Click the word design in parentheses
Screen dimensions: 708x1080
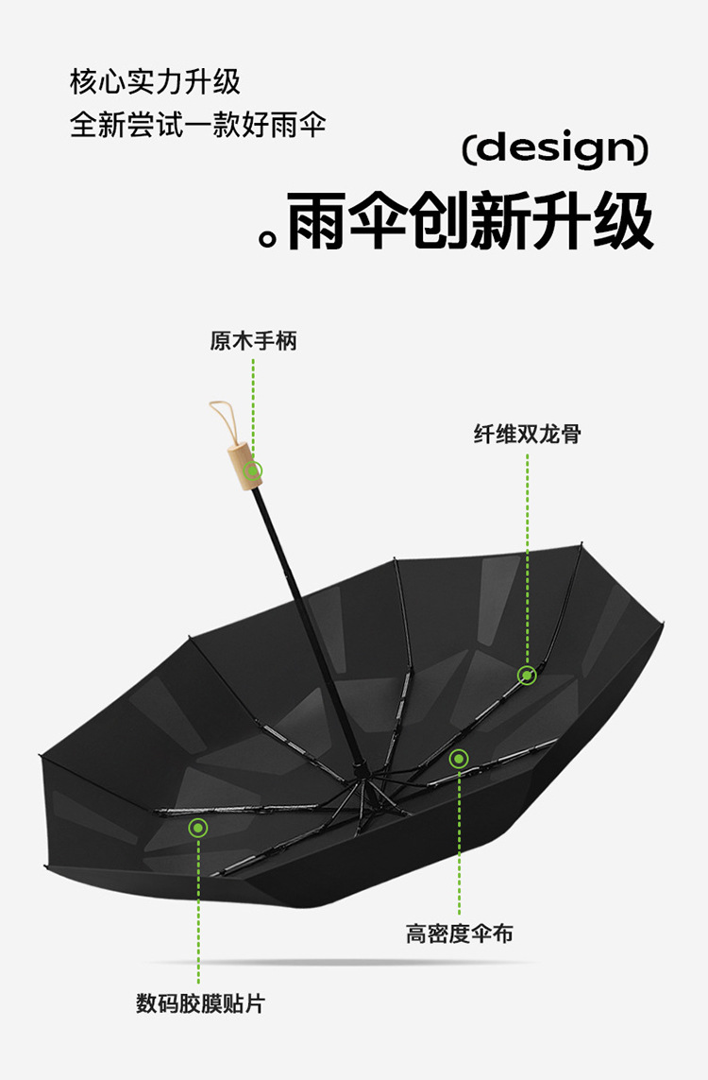click(x=555, y=148)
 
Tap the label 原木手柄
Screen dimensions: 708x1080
click(x=253, y=340)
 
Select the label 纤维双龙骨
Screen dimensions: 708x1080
click(x=527, y=435)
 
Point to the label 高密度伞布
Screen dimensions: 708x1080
click(x=460, y=934)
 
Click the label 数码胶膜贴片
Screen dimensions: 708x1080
click(x=200, y=1003)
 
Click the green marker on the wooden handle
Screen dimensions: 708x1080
click(x=253, y=470)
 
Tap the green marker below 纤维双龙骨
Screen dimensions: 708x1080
click(x=527, y=675)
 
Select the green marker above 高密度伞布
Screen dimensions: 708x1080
click(x=459, y=758)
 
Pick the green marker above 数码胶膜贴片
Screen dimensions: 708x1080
click(x=197, y=829)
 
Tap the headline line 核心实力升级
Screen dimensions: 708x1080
click(x=156, y=82)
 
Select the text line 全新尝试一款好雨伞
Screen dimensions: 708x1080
click(x=198, y=125)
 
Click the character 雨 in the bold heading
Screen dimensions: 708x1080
click(x=317, y=223)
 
